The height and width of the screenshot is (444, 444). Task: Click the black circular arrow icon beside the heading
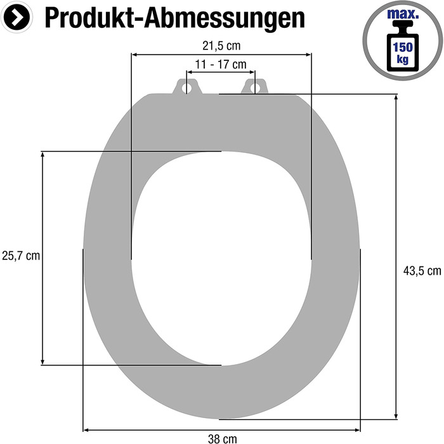[x=16, y=17]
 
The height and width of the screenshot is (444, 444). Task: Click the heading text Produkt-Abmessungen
[x=174, y=18]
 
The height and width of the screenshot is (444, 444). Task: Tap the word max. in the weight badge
[x=403, y=14]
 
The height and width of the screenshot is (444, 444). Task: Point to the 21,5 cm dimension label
[x=221, y=46]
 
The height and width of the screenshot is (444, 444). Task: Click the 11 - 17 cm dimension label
[x=221, y=65]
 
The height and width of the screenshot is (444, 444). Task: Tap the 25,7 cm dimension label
[x=21, y=256]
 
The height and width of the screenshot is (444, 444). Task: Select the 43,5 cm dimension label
[x=422, y=271]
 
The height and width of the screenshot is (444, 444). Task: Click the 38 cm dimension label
[x=222, y=439]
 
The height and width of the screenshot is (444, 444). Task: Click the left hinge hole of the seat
[x=186, y=88]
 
